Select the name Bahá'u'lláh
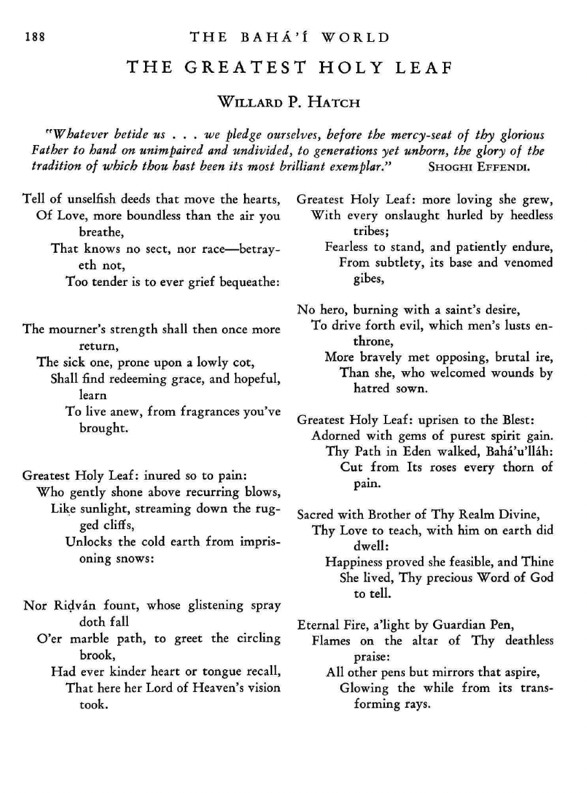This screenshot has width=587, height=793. click(x=520, y=451)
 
